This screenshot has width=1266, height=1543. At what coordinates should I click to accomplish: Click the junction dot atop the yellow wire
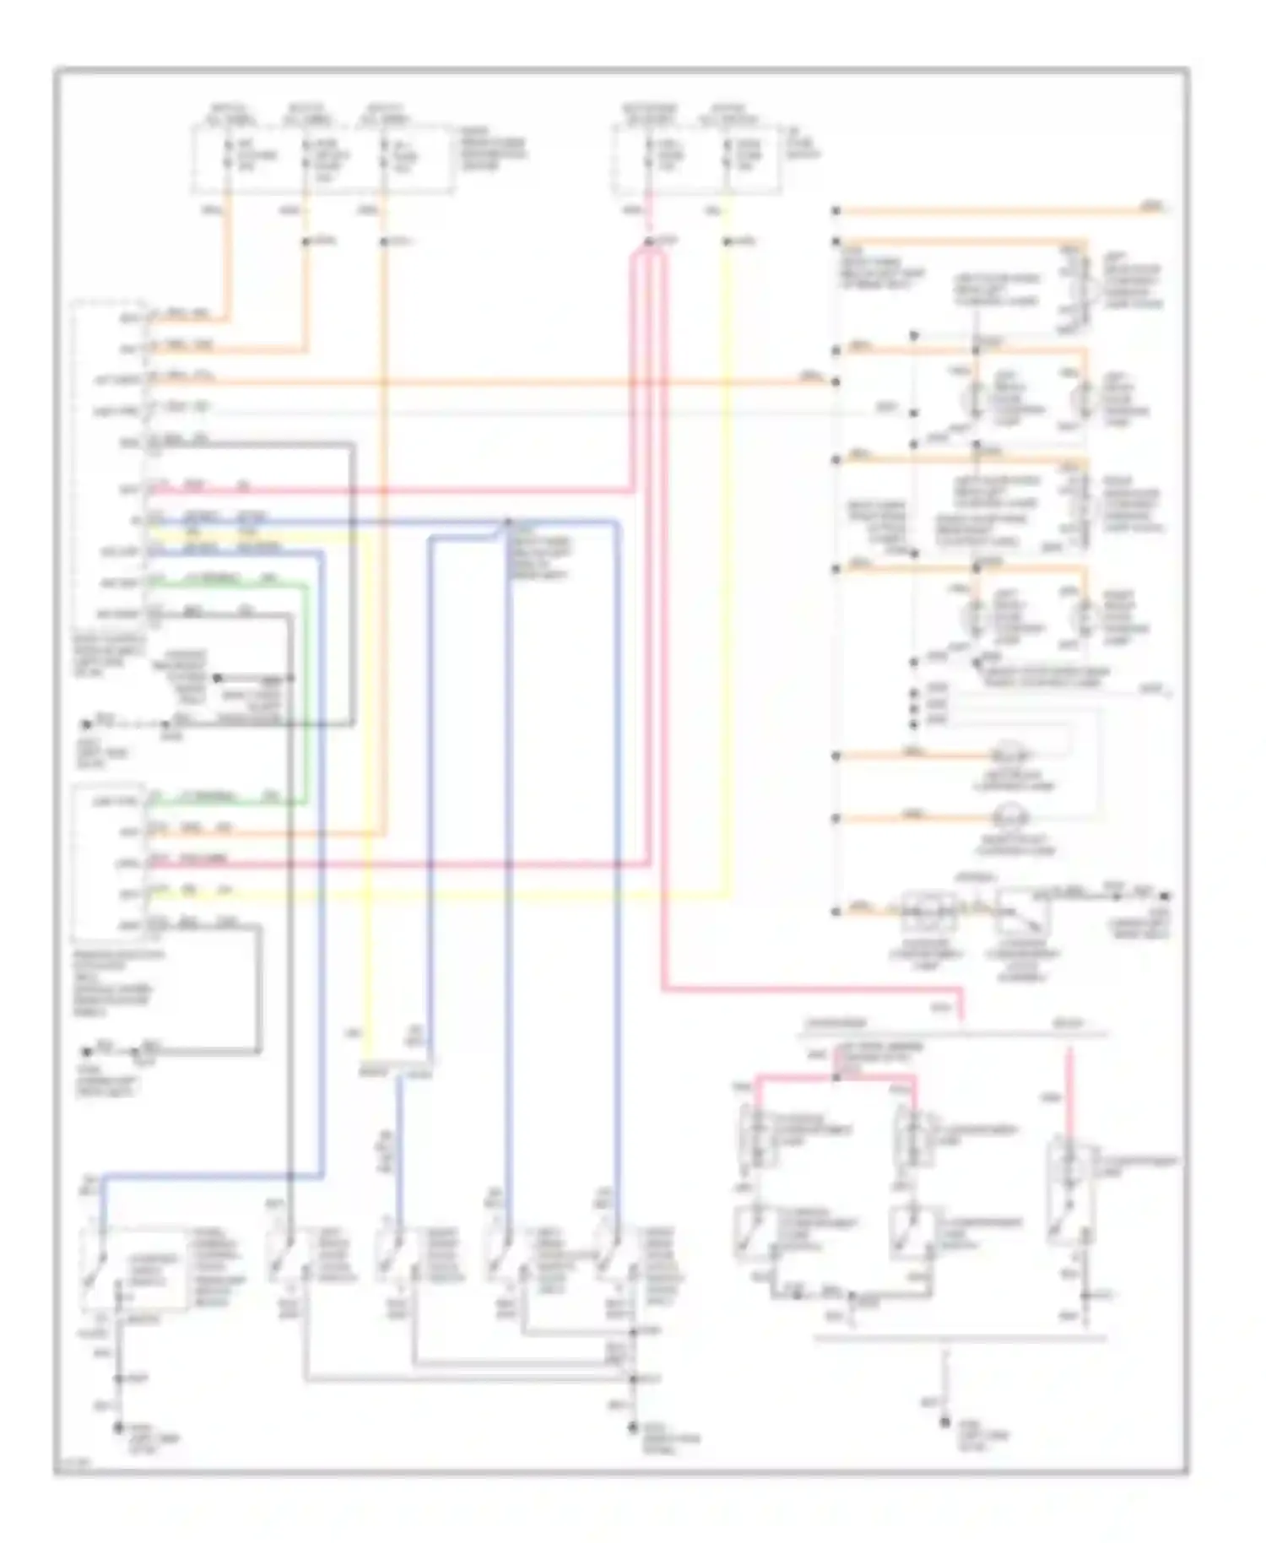tap(728, 243)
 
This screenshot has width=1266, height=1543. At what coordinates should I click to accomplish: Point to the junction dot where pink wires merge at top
tap(648, 243)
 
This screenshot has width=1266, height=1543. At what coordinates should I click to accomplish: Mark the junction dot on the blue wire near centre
tap(508, 522)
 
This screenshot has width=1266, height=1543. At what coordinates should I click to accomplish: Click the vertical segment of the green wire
tap(306, 692)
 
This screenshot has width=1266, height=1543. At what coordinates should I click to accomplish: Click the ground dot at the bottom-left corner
tap(119, 1428)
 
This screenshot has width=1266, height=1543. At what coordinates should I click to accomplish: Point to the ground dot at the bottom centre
tap(632, 1428)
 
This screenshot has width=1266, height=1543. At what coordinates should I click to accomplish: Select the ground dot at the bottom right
tap(945, 1423)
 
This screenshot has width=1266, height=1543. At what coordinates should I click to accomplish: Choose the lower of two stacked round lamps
tap(1009, 817)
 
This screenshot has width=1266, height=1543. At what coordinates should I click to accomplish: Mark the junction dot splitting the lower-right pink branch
tap(836, 1077)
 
